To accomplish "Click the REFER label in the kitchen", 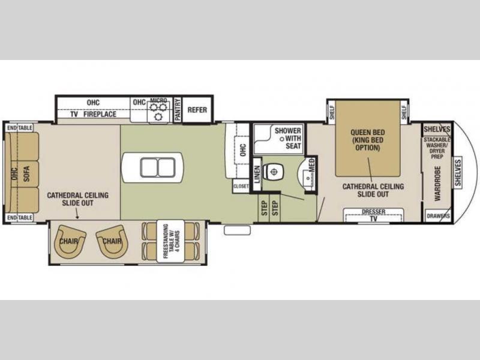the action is (x=197, y=110).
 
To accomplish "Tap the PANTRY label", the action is (x=178, y=110).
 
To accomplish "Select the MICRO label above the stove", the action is (x=158, y=100).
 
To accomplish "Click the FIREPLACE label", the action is (x=100, y=114).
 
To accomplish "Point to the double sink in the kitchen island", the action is (x=158, y=167).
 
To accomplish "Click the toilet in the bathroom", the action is (x=273, y=172).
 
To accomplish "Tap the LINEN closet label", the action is (x=257, y=174).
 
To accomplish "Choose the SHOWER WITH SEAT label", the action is (x=288, y=139).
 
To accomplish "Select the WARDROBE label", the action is (x=437, y=184).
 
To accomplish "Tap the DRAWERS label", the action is (x=439, y=216).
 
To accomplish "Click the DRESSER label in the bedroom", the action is (x=373, y=212).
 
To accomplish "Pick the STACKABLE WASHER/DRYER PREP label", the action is (x=437, y=148).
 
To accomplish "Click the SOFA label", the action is (x=26, y=173).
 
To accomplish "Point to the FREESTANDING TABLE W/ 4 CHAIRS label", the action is (x=171, y=241).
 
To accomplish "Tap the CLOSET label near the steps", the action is (x=241, y=186).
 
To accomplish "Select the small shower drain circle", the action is (x=282, y=139).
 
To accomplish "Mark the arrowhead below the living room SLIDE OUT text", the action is (x=77, y=217).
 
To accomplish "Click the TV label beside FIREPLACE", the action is (x=74, y=114).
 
